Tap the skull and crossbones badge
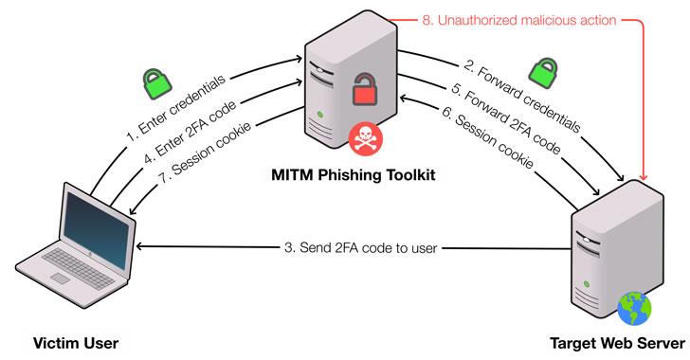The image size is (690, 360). click(365, 138)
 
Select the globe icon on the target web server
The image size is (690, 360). click(634, 309)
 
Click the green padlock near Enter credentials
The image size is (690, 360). click(156, 83)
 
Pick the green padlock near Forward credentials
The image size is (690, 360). click(543, 73)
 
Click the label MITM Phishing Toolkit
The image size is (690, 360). click(354, 175)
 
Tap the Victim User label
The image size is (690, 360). click(76, 343)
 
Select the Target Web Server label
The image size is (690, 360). click(617, 343)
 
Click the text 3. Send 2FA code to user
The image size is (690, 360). click(360, 248)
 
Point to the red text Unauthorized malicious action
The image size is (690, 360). click(527, 20)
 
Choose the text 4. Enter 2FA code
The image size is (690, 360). click(191, 132)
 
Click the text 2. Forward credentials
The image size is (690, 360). click(522, 95)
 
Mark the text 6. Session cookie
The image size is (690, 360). click(488, 136)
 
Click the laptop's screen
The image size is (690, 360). click(96, 229)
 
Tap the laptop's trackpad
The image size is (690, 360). click(61, 279)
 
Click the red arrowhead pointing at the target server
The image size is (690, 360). click(644, 177)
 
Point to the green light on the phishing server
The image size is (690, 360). click(320, 115)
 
